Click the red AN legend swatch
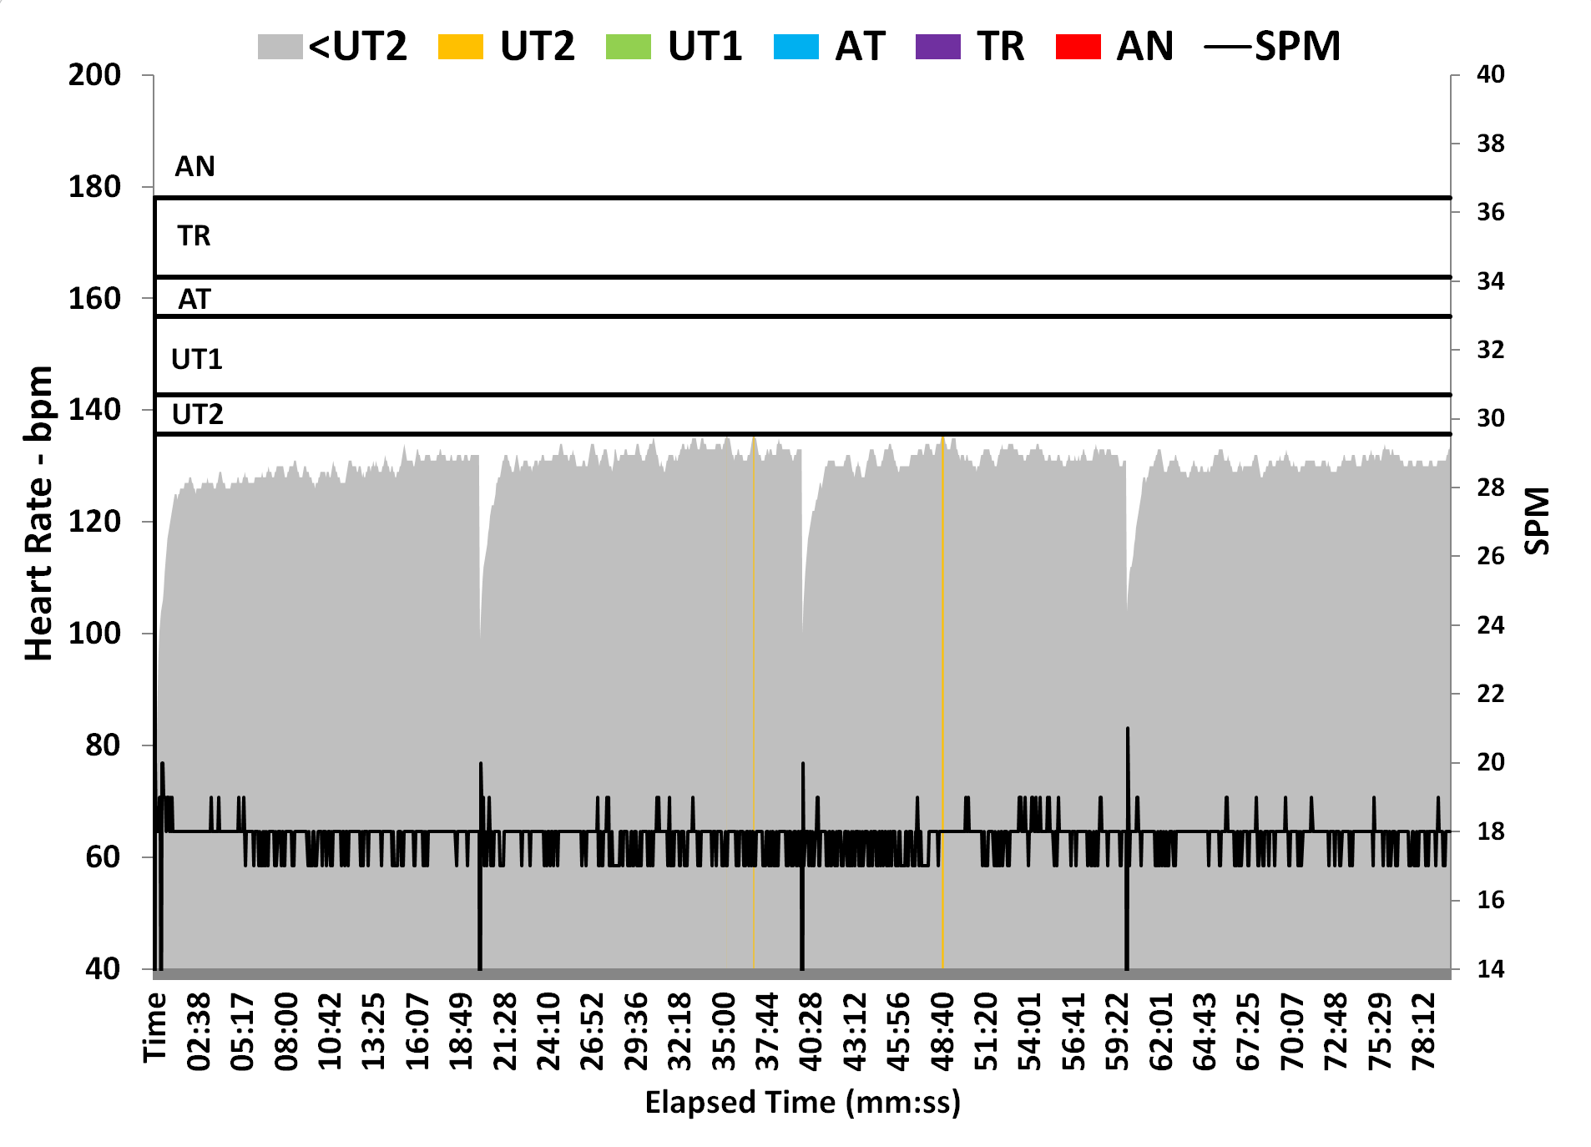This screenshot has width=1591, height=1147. pyautogui.click(x=1078, y=47)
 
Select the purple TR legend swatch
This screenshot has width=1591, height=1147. pyautogui.click(x=937, y=47)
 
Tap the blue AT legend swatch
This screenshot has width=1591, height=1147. pyautogui.click(x=796, y=47)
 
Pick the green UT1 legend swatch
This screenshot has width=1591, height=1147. pyautogui.click(x=628, y=47)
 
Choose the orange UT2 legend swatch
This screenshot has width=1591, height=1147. pyautogui.click(x=460, y=47)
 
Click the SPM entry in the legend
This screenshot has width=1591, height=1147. pyautogui.click(x=1273, y=47)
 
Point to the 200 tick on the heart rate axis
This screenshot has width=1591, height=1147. pyautogui.click(x=94, y=75)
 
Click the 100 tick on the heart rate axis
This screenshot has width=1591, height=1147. pyautogui.click(x=94, y=633)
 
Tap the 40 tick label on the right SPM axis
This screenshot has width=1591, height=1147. pyautogui.click(x=1490, y=75)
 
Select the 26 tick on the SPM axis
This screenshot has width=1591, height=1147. pyautogui.click(x=1490, y=556)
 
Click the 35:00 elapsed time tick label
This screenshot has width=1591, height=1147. pyautogui.click(x=723, y=1031)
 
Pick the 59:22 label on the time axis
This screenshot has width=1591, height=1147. pyautogui.click(x=1117, y=1031)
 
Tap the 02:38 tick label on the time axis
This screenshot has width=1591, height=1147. pyautogui.click(x=199, y=1031)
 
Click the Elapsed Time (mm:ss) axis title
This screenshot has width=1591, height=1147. pyautogui.click(x=802, y=1102)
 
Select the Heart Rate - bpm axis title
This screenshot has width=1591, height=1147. pyautogui.click(x=38, y=513)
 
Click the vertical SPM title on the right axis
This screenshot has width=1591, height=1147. pyautogui.click(x=1537, y=521)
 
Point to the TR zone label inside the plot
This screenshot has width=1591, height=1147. pyautogui.click(x=194, y=236)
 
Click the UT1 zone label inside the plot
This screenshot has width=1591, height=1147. pyautogui.click(x=197, y=360)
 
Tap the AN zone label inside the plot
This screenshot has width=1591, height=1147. pyautogui.click(x=194, y=167)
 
